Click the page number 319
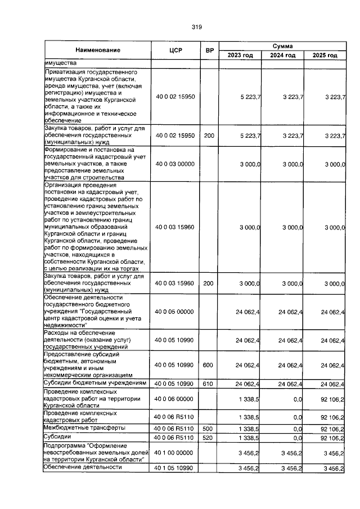(x=196, y=26)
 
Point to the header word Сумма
(x=282, y=46)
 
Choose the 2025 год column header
(x=325, y=55)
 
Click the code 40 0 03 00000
(x=174, y=163)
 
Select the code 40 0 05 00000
(x=174, y=311)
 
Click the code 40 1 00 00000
(x=174, y=452)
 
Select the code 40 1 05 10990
(x=174, y=467)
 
